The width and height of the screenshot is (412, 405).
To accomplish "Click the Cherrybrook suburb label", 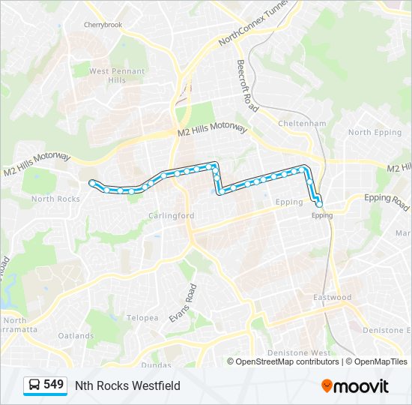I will (103, 25).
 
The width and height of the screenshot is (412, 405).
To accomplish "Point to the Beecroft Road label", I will (247, 85).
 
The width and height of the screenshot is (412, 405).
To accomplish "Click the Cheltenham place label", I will (302, 123).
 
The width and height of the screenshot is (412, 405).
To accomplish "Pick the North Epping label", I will (370, 133).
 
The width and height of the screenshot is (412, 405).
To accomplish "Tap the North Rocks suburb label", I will (55, 199).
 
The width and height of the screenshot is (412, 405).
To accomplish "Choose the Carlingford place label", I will (171, 215).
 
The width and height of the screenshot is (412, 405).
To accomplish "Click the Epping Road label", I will (387, 199).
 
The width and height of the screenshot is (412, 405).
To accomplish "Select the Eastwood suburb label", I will (333, 298).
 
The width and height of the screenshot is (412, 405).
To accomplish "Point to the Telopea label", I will (142, 318).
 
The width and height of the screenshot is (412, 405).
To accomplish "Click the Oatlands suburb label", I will (76, 336).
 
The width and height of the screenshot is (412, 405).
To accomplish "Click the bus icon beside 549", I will (34, 385).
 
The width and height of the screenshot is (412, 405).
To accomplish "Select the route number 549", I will (54, 385).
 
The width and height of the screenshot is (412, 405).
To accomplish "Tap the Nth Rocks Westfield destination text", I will (127, 385).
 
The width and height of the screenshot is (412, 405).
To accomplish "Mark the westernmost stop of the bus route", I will (92, 182).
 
